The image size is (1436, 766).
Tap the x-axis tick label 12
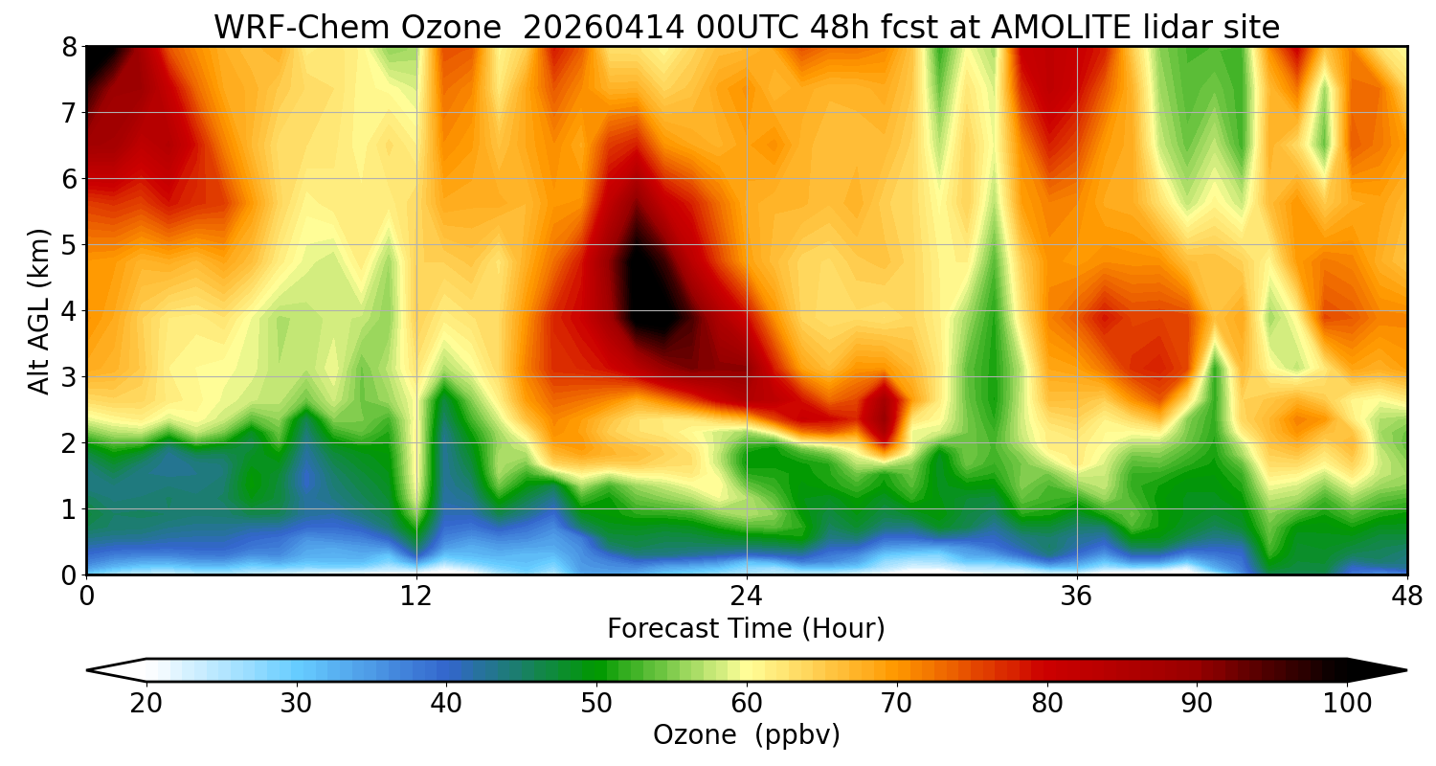[x=416, y=597]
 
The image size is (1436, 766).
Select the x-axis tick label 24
[x=747, y=597]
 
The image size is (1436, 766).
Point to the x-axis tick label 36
[x=1077, y=597]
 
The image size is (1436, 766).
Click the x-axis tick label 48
[x=1406, y=597]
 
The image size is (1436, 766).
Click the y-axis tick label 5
[x=68, y=244]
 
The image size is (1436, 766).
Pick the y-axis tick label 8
[x=68, y=47]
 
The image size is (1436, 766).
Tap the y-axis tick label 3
[x=68, y=376]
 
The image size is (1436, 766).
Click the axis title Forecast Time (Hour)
[x=746, y=629]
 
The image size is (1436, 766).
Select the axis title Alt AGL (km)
[x=39, y=310]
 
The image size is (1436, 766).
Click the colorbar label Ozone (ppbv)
[x=746, y=735]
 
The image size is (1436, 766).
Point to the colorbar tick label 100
[x=1346, y=704]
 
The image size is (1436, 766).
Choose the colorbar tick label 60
[x=746, y=704]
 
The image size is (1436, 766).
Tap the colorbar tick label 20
[x=146, y=704]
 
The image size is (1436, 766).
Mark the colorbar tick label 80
[x=1046, y=704]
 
